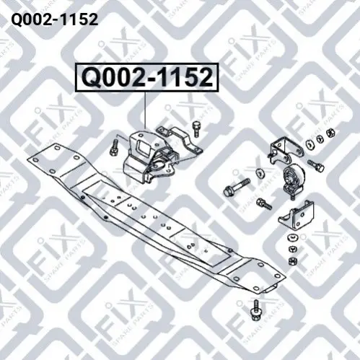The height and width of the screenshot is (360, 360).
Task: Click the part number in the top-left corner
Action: [55, 19]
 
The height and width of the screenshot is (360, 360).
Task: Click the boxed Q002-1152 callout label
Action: [147, 77]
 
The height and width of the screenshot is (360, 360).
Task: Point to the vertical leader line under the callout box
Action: [145, 110]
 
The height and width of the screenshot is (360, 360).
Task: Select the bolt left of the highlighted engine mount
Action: [114, 149]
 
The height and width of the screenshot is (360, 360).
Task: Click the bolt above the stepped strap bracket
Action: [196, 129]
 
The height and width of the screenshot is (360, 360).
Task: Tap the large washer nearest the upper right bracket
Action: [309, 144]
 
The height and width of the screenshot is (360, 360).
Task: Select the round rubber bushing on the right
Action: [294, 178]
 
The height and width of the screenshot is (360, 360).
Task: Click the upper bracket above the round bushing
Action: [284, 149]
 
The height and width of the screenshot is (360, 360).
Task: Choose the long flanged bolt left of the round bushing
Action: [237, 187]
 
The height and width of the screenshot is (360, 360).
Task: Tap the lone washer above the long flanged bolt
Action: [259, 172]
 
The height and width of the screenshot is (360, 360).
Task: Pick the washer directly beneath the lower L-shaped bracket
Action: [293, 237]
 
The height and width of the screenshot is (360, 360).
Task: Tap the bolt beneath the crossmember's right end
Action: [255, 310]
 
